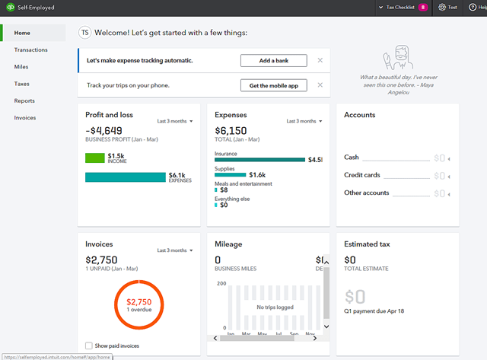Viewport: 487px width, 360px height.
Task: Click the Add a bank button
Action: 274,60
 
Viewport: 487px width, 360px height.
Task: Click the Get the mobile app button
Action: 274,85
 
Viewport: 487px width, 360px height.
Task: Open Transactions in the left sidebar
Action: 31,49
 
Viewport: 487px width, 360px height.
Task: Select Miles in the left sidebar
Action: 21,67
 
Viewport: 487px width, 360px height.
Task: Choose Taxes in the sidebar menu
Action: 22,84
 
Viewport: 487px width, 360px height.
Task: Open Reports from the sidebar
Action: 24,100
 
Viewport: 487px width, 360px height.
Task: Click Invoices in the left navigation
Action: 25,118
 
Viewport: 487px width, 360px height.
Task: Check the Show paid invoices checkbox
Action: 90,346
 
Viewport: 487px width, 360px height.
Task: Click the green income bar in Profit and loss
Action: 94,158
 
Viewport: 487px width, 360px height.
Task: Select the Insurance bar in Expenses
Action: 259,160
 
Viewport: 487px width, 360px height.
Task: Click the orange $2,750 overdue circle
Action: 138,305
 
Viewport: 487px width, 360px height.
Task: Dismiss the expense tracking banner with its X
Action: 320,60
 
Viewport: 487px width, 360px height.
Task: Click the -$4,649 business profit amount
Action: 104,130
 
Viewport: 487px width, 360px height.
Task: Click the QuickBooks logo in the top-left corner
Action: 9,7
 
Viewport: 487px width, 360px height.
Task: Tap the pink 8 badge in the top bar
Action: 423,7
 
